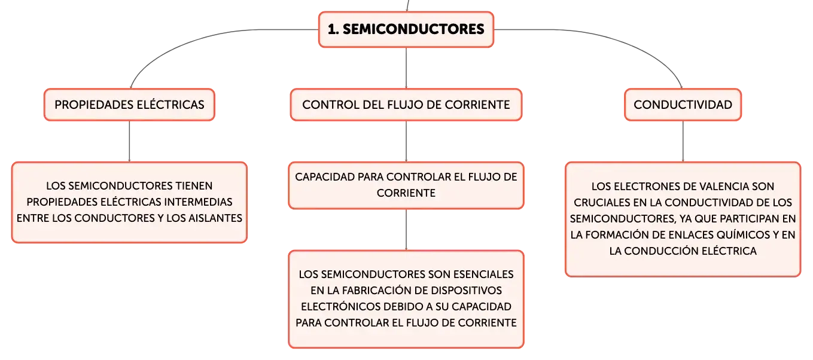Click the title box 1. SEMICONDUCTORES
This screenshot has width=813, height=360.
[406, 29]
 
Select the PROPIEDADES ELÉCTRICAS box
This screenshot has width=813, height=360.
[130, 105]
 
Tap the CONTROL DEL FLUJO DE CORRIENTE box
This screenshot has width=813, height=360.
[406, 105]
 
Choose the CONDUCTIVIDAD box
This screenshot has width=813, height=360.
[683, 105]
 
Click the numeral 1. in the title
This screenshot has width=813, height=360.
[333, 29]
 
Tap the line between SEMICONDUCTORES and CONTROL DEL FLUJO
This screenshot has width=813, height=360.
[406, 68]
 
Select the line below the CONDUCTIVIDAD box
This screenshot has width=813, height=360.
[683, 142]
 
